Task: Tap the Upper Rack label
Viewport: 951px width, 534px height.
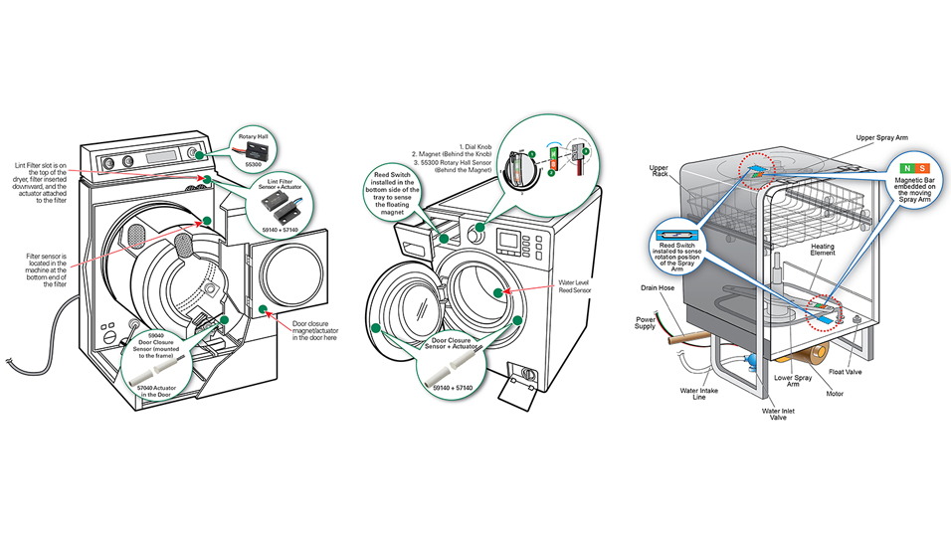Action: pos(659,172)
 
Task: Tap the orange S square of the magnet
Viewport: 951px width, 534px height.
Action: pos(922,169)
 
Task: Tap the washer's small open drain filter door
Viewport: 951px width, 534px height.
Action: pos(518,381)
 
